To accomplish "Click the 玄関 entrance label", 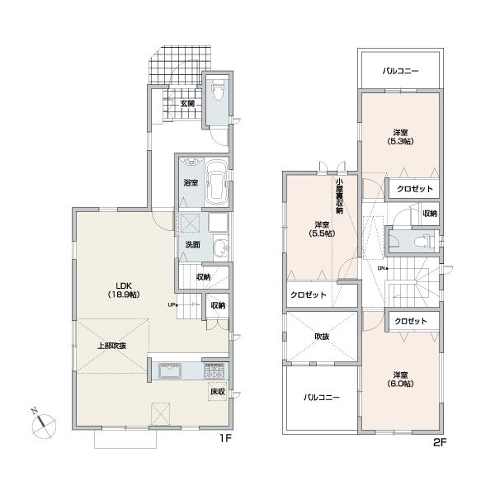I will coord(187,104).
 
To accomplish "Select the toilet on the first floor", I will coord(218,87).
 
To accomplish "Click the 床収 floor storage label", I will coord(216,393).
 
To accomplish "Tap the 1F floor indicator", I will coord(224,439).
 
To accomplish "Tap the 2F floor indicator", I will coord(439,442).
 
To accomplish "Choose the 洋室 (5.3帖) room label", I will coord(400,136).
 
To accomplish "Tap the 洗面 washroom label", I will coord(192,244).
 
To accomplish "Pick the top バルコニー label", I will coord(400,72).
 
